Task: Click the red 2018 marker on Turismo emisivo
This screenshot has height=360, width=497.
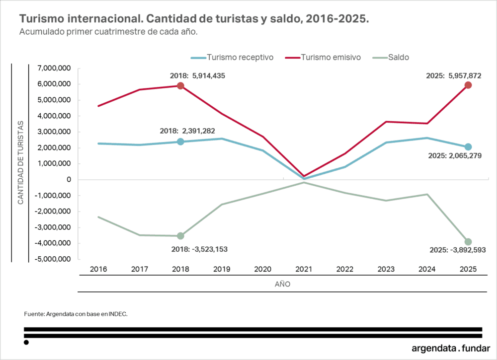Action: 180,86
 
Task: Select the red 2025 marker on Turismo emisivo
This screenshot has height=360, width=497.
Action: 468,85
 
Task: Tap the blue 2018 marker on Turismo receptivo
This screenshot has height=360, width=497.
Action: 180,142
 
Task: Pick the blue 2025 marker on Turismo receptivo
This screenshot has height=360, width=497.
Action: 468,147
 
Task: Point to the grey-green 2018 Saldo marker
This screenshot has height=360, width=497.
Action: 180,236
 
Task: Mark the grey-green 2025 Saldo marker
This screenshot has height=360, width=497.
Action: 468,242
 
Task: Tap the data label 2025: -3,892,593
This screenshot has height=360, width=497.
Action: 457,250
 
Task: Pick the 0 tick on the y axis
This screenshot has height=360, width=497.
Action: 69,180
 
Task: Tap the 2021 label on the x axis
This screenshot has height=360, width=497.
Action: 304,269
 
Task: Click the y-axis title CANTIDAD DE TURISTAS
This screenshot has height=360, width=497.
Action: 21,162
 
